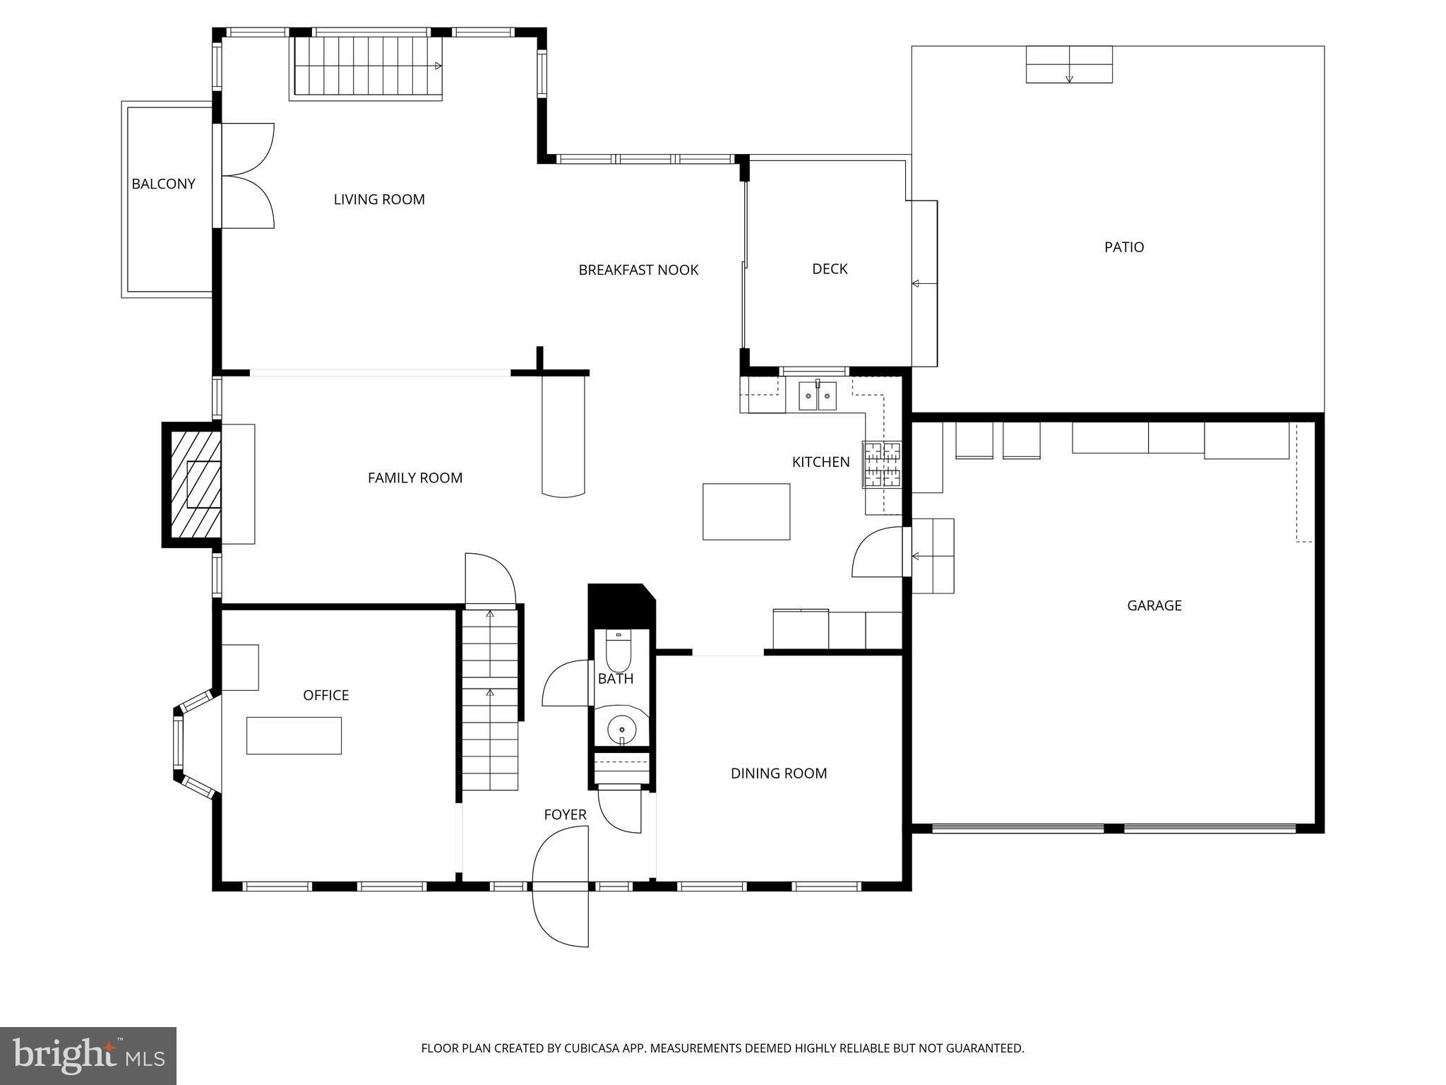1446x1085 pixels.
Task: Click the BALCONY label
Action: [x=163, y=184]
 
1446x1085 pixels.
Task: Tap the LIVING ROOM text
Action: [x=379, y=199]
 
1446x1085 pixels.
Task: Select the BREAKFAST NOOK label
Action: [x=638, y=270]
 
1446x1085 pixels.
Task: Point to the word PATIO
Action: [x=1124, y=247]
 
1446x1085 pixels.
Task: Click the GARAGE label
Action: [x=1154, y=605]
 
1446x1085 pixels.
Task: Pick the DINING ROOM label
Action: [x=778, y=773]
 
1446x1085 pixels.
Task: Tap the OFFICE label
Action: [x=325, y=695]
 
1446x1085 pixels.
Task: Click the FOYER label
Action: [x=565, y=814]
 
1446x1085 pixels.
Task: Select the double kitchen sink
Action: [x=818, y=396]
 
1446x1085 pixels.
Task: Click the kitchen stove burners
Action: [x=881, y=464]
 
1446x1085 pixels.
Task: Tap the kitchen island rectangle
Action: [x=746, y=511]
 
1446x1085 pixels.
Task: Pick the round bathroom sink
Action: [x=621, y=728]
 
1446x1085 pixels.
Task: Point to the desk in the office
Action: [x=294, y=735]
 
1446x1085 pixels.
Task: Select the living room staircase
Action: [x=366, y=67]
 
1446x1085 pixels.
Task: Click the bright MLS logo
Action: [x=88, y=1056]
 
